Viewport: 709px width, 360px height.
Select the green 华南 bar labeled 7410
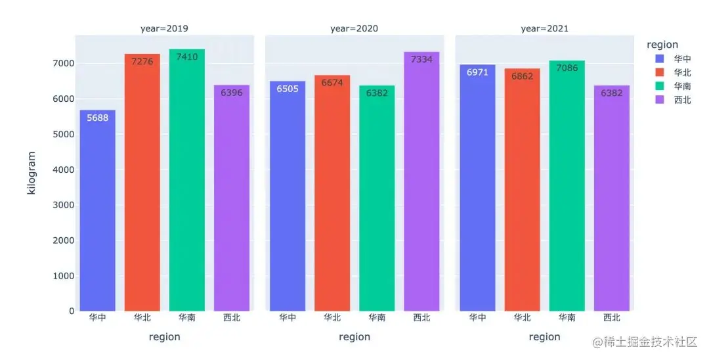click(186, 184)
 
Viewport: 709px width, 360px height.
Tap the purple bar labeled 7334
click(421, 184)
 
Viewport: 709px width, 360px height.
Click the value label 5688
click(98, 118)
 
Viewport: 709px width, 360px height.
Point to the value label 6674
click(332, 83)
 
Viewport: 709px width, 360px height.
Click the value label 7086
click(567, 68)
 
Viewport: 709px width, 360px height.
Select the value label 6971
click(478, 72)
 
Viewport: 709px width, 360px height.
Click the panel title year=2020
click(354, 29)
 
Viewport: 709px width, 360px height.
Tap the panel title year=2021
click(544, 29)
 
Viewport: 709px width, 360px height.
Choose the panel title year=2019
click(164, 29)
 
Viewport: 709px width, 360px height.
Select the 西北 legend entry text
click(682, 101)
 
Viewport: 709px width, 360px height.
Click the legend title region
click(662, 45)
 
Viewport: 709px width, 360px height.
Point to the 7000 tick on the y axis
click(64, 64)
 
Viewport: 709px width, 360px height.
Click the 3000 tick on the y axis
click(64, 205)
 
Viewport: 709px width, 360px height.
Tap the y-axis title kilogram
click(31, 173)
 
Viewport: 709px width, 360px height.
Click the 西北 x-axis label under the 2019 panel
click(231, 318)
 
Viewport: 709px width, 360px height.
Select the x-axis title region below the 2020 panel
click(354, 337)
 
